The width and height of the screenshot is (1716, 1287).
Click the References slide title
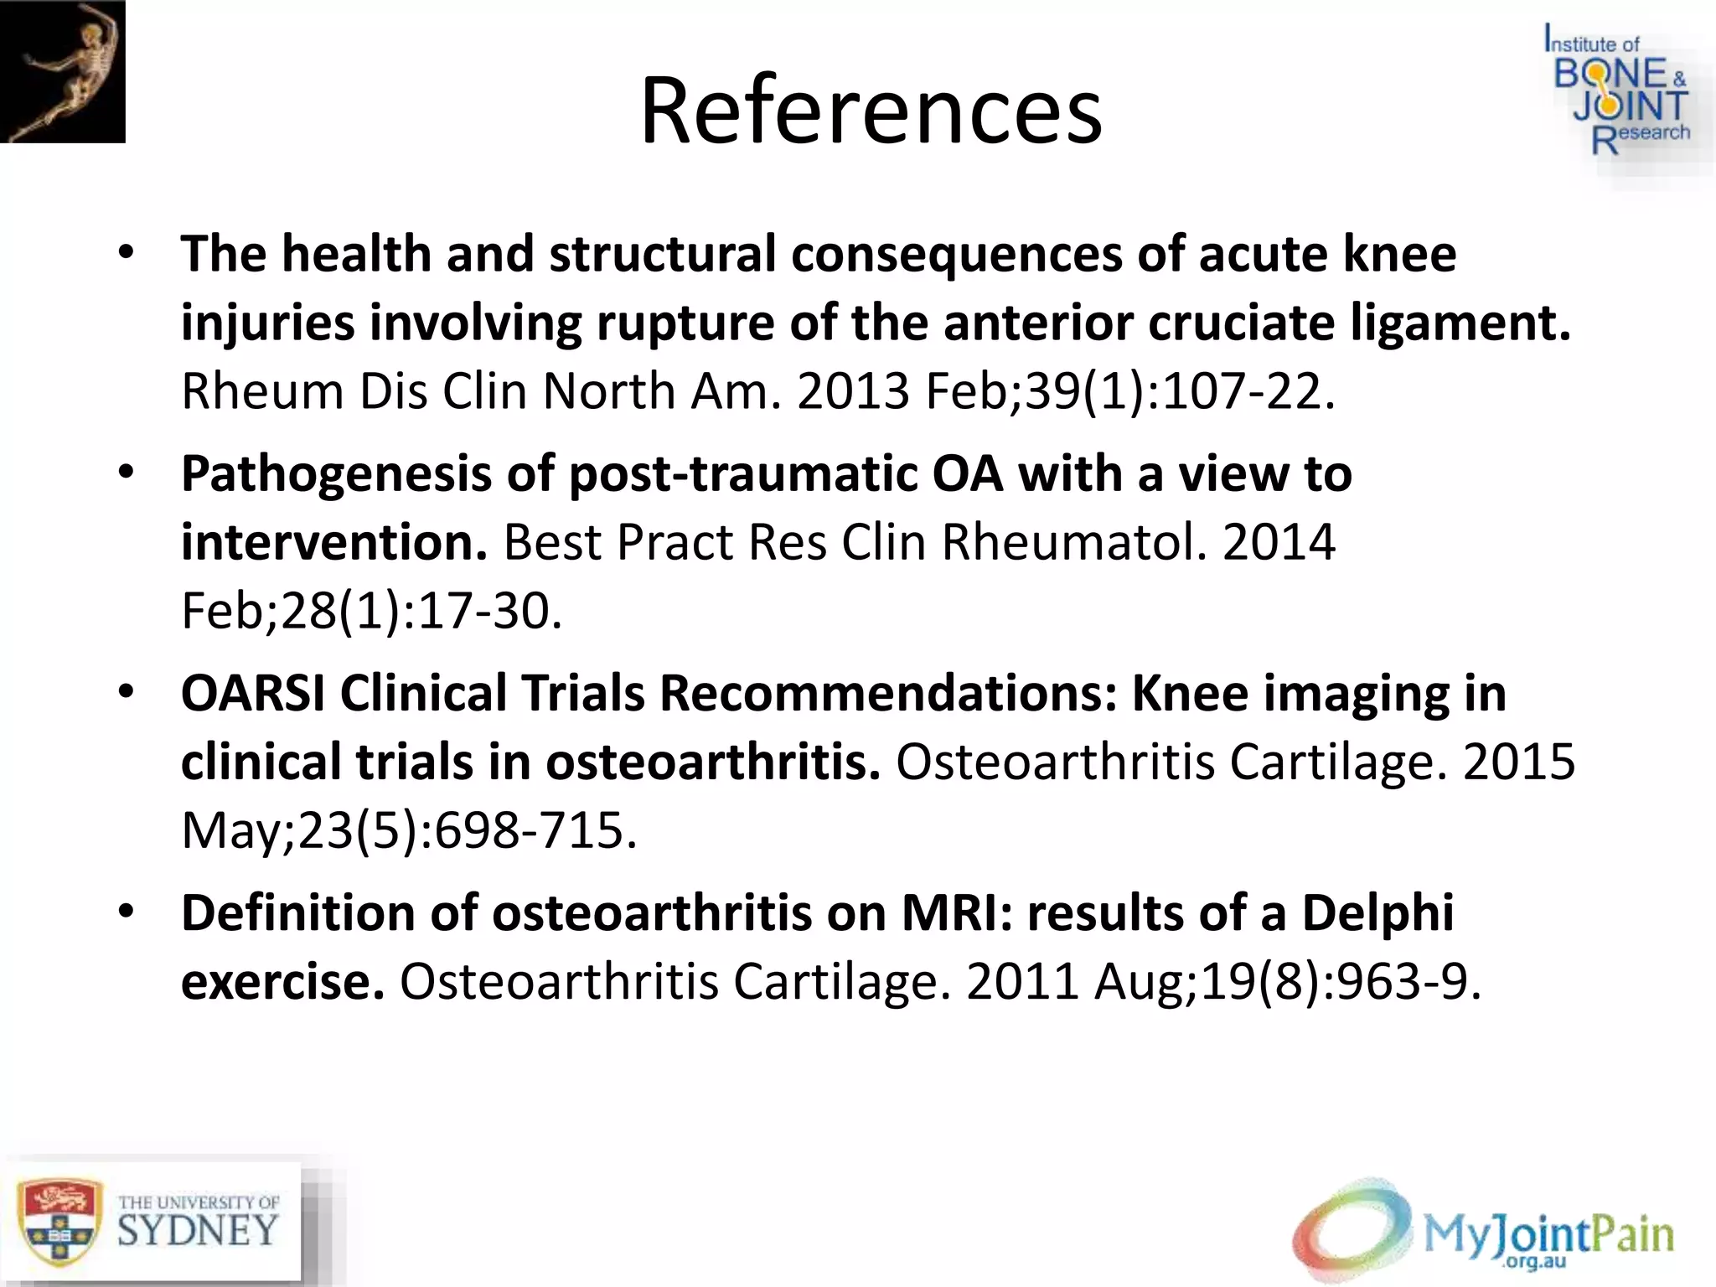coord(871,111)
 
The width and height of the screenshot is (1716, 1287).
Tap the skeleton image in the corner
coord(63,71)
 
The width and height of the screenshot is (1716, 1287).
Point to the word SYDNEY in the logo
coord(198,1230)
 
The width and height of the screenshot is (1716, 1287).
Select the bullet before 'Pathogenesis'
coord(126,473)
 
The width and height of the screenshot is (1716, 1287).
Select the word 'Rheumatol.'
coord(1075,542)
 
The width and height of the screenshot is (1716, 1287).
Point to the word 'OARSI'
coord(253,694)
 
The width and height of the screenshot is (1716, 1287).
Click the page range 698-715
coord(535,830)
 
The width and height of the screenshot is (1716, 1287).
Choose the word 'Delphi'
coord(1377,913)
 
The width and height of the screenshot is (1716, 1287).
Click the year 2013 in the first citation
coord(852,391)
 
